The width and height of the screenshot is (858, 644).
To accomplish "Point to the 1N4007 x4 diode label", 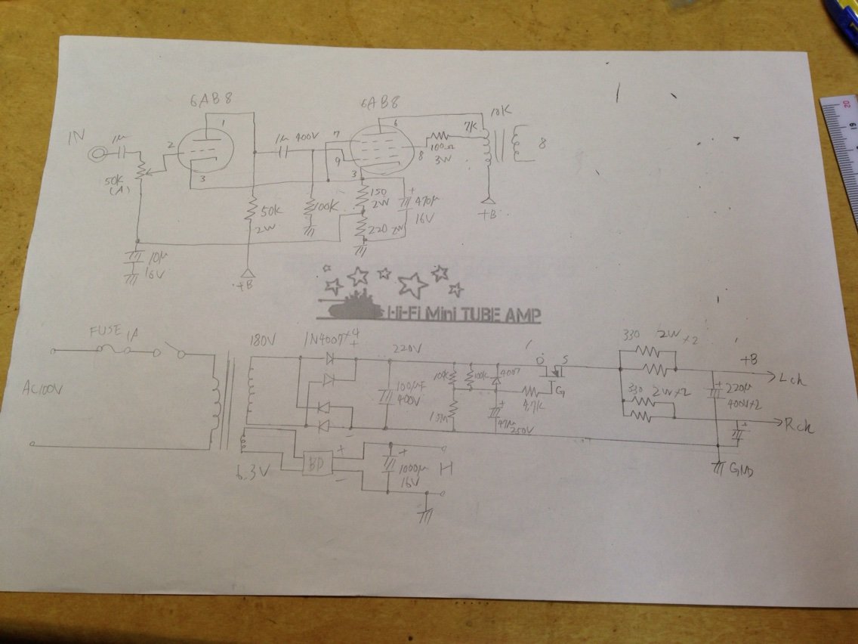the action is [x=330, y=336].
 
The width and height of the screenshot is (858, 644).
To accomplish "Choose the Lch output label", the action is [x=792, y=380].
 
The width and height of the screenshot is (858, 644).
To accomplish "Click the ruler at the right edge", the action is [x=842, y=151].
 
